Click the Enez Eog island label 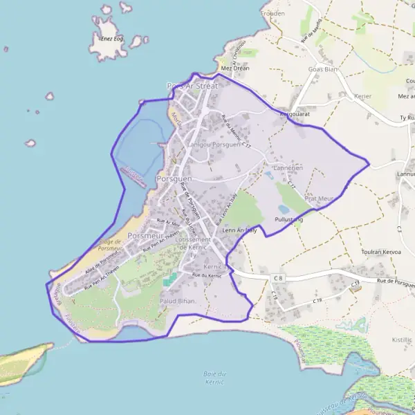[x=110, y=39]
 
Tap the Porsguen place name [x=174, y=178]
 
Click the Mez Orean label [x=234, y=68]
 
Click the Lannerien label [x=288, y=167]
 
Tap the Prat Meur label [x=320, y=199]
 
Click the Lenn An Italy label [x=239, y=230]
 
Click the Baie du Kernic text [x=216, y=378]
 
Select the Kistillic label [x=402, y=340]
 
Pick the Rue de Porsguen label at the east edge [x=395, y=281]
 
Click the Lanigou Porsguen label [x=213, y=145]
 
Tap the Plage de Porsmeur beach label [x=110, y=246]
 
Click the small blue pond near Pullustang [x=284, y=208]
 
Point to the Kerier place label [x=362, y=96]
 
